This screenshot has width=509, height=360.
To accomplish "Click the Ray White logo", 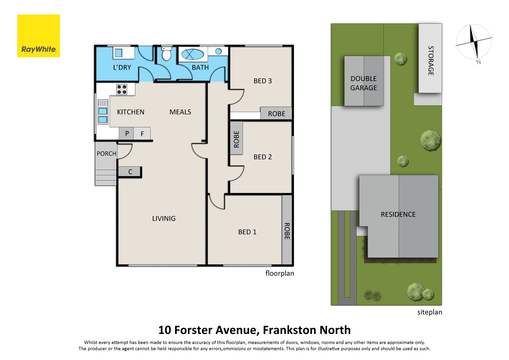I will [x=39, y=36].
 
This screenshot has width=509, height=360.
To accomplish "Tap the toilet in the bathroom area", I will [x=166, y=54].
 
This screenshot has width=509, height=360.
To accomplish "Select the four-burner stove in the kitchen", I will [x=122, y=89].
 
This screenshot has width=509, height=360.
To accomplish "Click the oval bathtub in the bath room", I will [x=193, y=54].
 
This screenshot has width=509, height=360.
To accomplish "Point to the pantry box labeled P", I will [x=127, y=134].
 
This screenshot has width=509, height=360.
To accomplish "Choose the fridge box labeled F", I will [x=142, y=134].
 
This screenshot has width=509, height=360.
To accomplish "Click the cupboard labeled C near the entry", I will [x=130, y=172].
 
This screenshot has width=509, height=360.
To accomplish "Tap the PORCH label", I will [x=106, y=154].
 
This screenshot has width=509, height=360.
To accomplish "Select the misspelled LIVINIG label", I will [x=164, y=219].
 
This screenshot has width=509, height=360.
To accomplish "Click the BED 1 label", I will [x=247, y=232].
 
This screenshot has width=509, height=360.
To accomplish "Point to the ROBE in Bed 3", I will [x=276, y=114].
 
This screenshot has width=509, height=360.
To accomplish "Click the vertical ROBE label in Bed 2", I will [x=236, y=139].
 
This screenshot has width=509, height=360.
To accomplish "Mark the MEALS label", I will [x=180, y=112].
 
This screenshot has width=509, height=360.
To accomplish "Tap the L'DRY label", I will [x=122, y=67].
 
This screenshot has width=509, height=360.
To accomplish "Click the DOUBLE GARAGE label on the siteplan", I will [x=364, y=83].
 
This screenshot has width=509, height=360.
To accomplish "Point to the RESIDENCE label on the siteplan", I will [x=398, y=214].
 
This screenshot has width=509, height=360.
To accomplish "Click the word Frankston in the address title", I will [x=289, y=330].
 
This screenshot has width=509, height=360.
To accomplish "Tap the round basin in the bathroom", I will [x=218, y=51].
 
